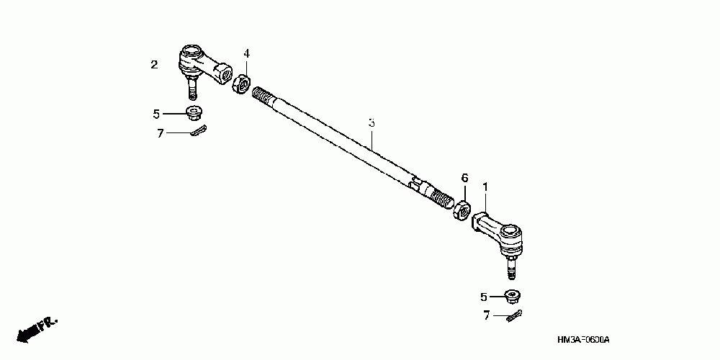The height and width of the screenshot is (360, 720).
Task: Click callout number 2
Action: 154,65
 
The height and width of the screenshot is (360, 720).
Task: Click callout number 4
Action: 246,54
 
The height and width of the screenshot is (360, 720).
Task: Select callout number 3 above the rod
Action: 372,123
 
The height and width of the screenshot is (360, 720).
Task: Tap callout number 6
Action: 465,177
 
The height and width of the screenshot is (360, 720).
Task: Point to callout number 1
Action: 485,186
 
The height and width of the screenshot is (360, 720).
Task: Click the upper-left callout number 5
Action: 156,113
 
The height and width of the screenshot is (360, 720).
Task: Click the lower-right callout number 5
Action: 484,297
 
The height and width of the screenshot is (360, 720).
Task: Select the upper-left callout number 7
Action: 161,132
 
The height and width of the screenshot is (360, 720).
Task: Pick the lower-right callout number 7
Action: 486,315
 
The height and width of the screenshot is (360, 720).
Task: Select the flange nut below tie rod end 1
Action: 513,295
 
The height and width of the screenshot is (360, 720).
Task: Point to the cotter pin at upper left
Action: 199,131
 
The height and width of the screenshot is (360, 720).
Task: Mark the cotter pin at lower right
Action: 514,315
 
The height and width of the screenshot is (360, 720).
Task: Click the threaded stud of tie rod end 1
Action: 510,269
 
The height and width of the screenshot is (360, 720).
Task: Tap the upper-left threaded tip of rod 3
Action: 264,96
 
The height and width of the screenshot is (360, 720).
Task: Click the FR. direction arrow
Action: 36,328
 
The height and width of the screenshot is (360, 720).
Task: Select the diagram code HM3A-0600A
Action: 588,339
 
